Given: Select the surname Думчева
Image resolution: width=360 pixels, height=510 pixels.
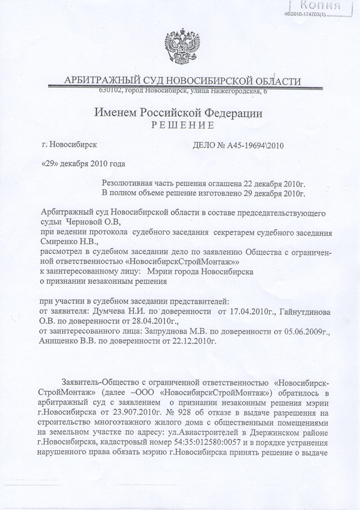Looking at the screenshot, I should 110,311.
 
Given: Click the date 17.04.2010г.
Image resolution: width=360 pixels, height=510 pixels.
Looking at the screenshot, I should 246,311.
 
